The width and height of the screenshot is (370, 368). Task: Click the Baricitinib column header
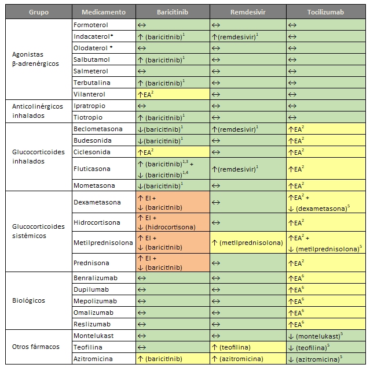point(171,12)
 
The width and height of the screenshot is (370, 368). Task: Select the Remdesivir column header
point(247,12)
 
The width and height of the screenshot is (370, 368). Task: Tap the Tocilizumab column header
point(327,12)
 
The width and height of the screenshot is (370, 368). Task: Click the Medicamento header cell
point(102,12)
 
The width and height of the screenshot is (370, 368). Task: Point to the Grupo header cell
point(39,12)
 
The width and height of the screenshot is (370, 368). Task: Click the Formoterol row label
point(91,25)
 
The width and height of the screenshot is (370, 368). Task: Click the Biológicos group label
point(28,301)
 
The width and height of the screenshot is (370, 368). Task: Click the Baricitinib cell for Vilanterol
point(171,94)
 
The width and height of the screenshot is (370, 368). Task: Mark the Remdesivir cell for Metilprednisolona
point(247,243)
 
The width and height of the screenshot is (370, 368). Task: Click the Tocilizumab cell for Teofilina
point(327,347)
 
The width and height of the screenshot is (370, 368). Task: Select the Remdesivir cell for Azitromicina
point(247,359)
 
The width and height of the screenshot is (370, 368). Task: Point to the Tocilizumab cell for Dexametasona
point(327,202)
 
